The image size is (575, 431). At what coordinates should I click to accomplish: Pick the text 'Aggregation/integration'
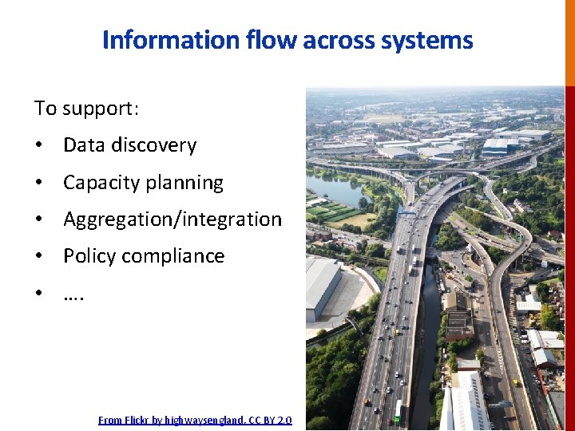(172, 219)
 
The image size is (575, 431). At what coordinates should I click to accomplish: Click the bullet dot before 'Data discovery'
(38, 146)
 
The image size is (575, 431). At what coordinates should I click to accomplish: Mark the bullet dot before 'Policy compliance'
(38, 256)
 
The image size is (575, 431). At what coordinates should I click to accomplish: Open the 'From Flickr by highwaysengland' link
(195, 420)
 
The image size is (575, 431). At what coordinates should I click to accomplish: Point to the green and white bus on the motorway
(399, 410)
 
